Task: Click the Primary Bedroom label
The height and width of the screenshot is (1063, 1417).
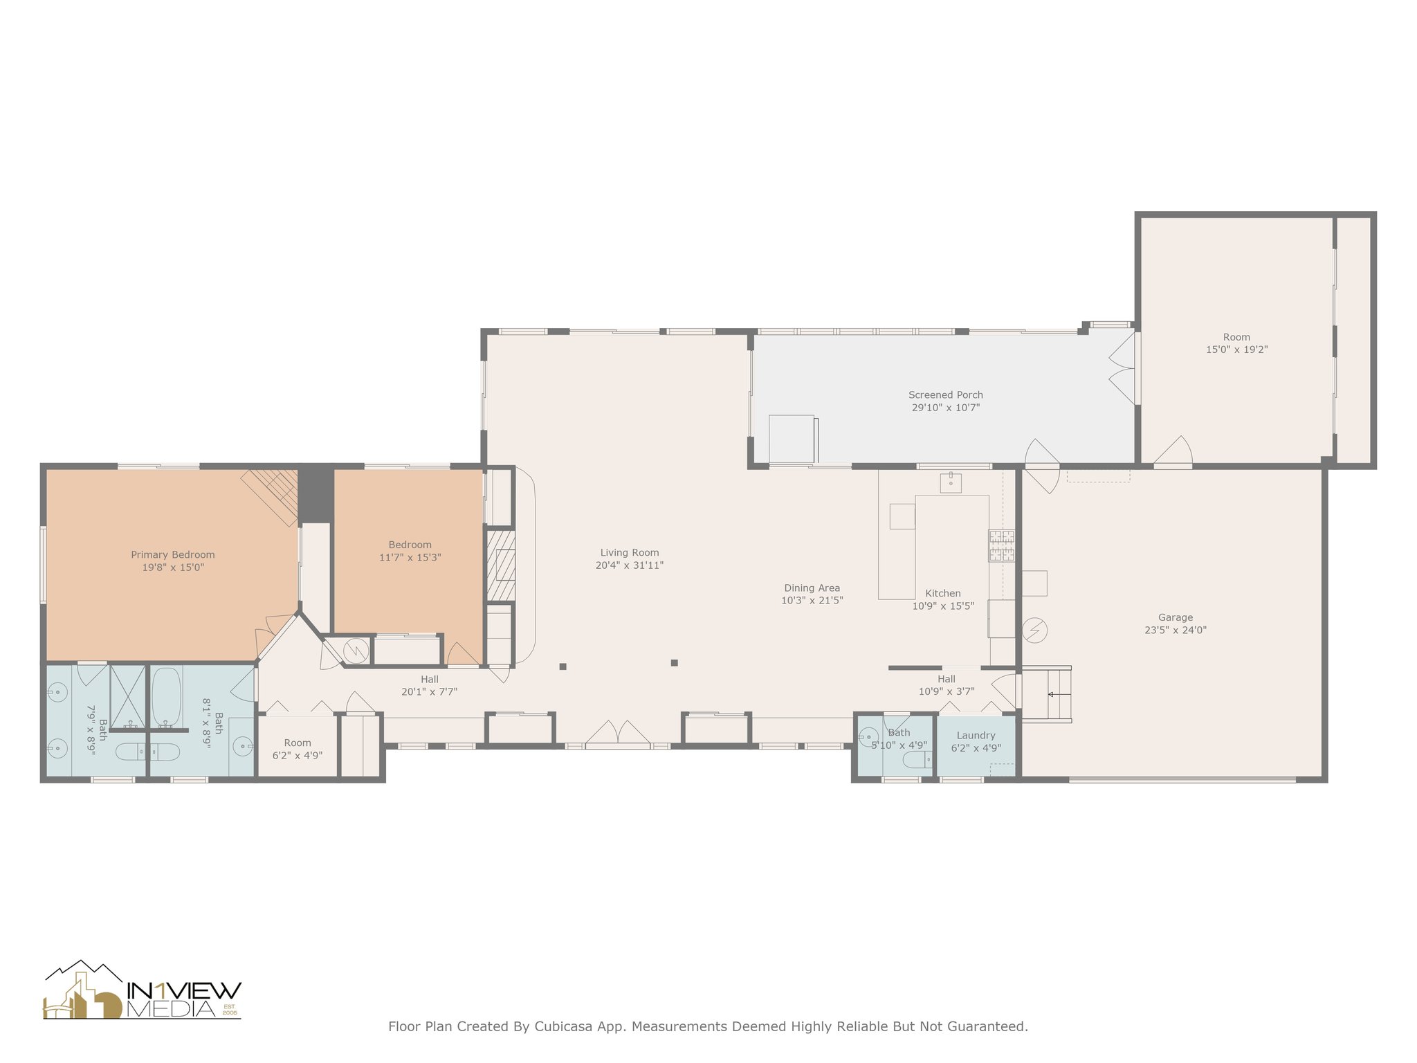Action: click(173, 554)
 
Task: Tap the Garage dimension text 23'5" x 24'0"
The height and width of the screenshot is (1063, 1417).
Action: click(1176, 630)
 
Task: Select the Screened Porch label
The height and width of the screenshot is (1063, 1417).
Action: click(946, 394)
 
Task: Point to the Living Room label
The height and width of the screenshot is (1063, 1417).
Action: click(630, 552)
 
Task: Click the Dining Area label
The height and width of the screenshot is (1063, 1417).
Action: click(812, 588)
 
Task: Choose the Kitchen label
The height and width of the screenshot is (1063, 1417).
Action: click(943, 593)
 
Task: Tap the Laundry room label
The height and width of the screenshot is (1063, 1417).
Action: click(976, 736)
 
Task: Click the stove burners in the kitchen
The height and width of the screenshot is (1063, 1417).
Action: click(1002, 545)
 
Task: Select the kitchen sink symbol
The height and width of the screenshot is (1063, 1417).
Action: click(951, 482)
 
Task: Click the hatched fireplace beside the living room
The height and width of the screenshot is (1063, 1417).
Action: click(500, 565)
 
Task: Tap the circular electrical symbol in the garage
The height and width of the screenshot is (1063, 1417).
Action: click(1035, 630)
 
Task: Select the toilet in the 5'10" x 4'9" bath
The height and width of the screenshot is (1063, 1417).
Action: click(917, 759)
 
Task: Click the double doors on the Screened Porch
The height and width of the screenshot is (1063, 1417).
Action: click(1123, 368)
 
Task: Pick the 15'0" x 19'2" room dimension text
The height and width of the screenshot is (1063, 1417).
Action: click(1237, 350)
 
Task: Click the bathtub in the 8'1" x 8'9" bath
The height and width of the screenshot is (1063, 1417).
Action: click(166, 697)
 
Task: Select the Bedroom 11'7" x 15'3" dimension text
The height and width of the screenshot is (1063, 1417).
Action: click(410, 557)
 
